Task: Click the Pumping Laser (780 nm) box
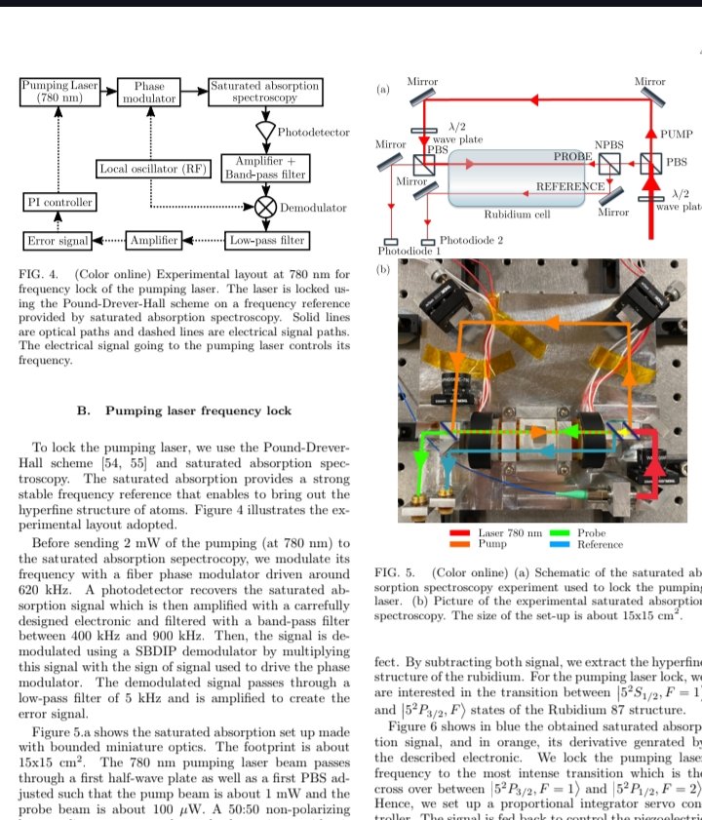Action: click(59, 93)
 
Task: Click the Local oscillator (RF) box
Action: click(153, 169)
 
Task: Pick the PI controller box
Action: click(58, 203)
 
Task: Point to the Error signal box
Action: click(56, 240)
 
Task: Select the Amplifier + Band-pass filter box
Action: click(265, 168)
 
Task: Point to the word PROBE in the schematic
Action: click(572, 156)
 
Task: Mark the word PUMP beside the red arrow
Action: click(676, 134)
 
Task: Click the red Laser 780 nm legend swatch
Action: click(459, 533)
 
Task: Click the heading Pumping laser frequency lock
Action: click(198, 410)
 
